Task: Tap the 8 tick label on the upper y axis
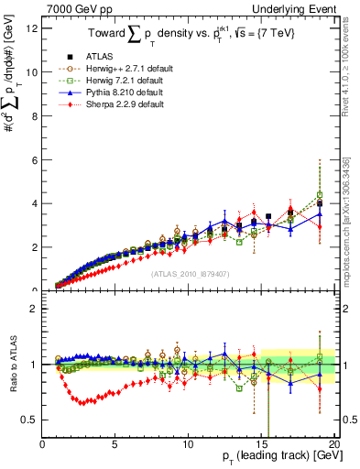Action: tap(34, 115)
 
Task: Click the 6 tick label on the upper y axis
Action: tap(34, 159)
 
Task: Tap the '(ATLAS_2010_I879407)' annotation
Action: tap(190, 272)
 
